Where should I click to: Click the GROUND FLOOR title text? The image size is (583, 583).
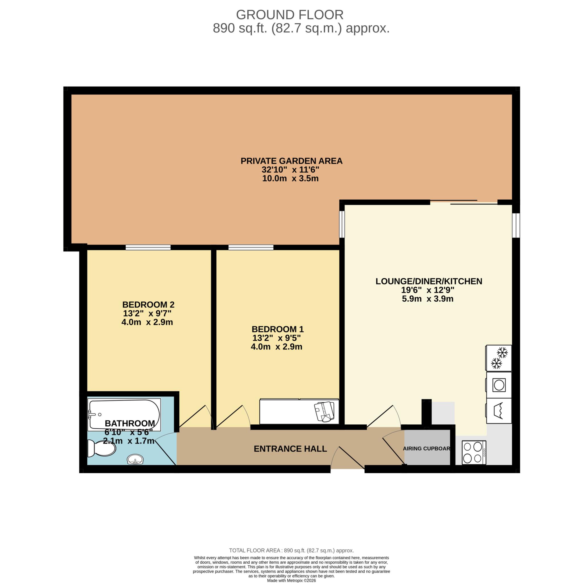click(290, 15)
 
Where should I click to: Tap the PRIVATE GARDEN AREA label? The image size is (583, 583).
click(291, 161)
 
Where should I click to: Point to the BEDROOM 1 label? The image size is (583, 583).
click(278, 329)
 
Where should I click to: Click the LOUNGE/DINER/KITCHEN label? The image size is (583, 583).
click(428, 281)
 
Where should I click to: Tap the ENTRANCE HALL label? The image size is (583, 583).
click(290, 449)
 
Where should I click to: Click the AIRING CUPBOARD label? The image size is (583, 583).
click(426, 448)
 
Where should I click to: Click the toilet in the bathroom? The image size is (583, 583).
click(101, 448)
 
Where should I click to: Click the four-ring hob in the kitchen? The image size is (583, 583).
click(473, 452)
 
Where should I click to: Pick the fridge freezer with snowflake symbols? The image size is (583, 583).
click(499, 358)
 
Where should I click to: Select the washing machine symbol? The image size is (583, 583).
click(499, 385)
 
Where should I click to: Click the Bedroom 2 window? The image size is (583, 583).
click(148, 247)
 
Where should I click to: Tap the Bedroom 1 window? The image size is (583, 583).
click(251, 247)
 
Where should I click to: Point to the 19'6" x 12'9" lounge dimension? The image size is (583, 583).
click(427, 290)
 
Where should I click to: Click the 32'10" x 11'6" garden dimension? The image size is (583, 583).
click(290, 170)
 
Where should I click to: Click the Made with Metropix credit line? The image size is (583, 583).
click(291, 580)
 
